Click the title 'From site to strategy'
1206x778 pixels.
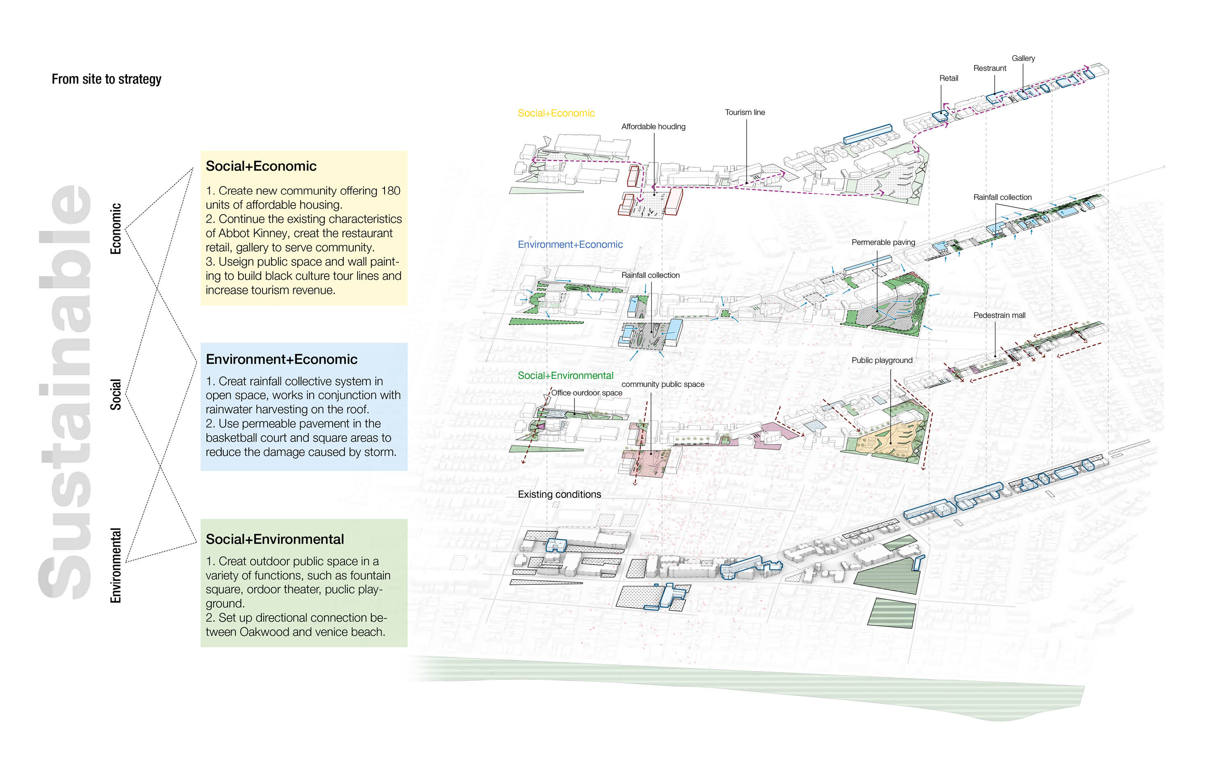coord(106,79)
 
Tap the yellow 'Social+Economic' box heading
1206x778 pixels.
coord(261,166)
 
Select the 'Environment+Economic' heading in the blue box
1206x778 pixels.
coord(282,359)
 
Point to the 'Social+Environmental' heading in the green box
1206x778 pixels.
coord(274,539)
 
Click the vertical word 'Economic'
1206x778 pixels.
coord(116,229)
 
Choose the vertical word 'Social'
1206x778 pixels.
coord(116,394)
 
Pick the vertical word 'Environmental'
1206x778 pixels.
coord(116,565)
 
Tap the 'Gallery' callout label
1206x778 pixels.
coord(1023,58)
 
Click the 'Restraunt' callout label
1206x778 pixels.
coord(990,68)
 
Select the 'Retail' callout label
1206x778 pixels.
coord(949,78)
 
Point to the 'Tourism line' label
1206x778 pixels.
coord(745,112)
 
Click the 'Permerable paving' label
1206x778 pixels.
coord(883,242)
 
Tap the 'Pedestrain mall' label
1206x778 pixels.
coord(999,315)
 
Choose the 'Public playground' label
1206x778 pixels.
coord(882,360)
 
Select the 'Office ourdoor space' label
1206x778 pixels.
coord(586,392)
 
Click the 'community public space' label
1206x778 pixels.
coord(663,384)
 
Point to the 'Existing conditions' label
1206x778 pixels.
coord(560,494)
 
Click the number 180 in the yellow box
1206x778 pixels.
coord(391,190)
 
